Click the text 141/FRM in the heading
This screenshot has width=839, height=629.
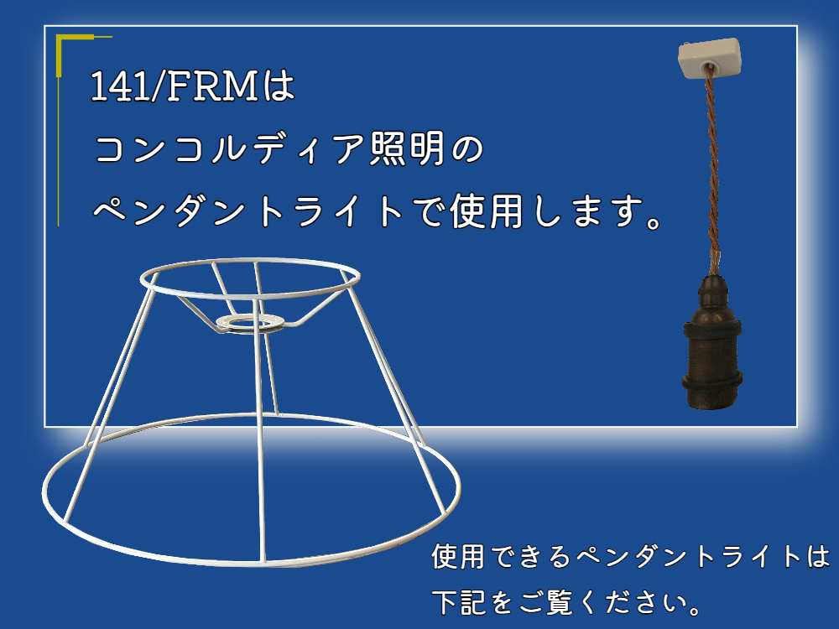pyautogui.click(x=175, y=86)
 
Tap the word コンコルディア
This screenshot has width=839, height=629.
pyautogui.click(x=230, y=148)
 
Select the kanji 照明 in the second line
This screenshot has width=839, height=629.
pyautogui.click(x=407, y=148)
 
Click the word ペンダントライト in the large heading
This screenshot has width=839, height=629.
pyautogui.click(x=248, y=211)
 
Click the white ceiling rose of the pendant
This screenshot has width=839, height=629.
pyautogui.click(x=710, y=57)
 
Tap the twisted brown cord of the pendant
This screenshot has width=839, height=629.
pyautogui.click(x=712, y=171)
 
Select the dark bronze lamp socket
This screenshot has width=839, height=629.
pyautogui.click(x=711, y=342)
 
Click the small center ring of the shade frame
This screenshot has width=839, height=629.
pyautogui.click(x=250, y=323)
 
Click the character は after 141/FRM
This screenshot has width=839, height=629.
pyautogui.click(x=279, y=86)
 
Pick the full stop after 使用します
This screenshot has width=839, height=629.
pyautogui.click(x=654, y=221)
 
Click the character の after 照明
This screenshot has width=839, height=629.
pyautogui.click(x=467, y=149)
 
